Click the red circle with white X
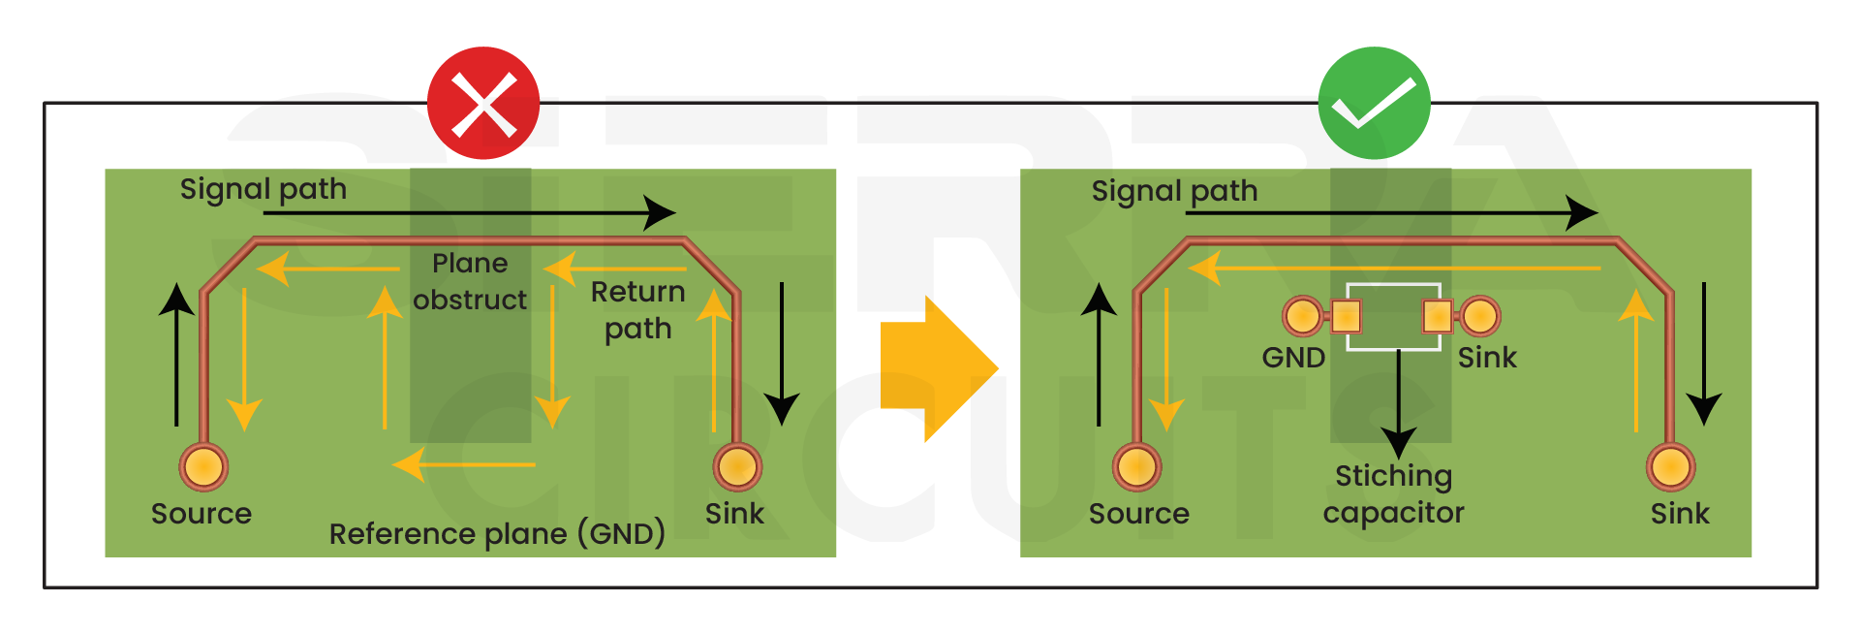pyautogui.click(x=483, y=103)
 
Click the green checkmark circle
pyautogui.click(x=1374, y=103)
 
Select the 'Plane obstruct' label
pyautogui.click(x=470, y=281)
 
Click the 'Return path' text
pyautogui.click(x=637, y=310)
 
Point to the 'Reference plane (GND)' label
pyautogui.click(x=497, y=533)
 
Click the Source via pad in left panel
pyautogui.click(x=203, y=467)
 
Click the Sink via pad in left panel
pyautogui.click(x=737, y=467)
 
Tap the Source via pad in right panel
pyautogui.click(x=1136, y=467)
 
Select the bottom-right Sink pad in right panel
pyautogui.click(x=1671, y=467)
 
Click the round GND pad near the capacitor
pyautogui.click(x=1302, y=316)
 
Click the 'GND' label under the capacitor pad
pyautogui.click(x=1293, y=358)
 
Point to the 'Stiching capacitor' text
pyautogui.click(x=1393, y=493)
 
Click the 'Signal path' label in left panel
pyautogui.click(x=264, y=189)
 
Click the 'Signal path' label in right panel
pyautogui.click(x=1174, y=191)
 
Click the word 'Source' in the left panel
pyautogui.click(x=202, y=514)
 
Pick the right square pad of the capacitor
pyautogui.click(x=1437, y=316)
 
